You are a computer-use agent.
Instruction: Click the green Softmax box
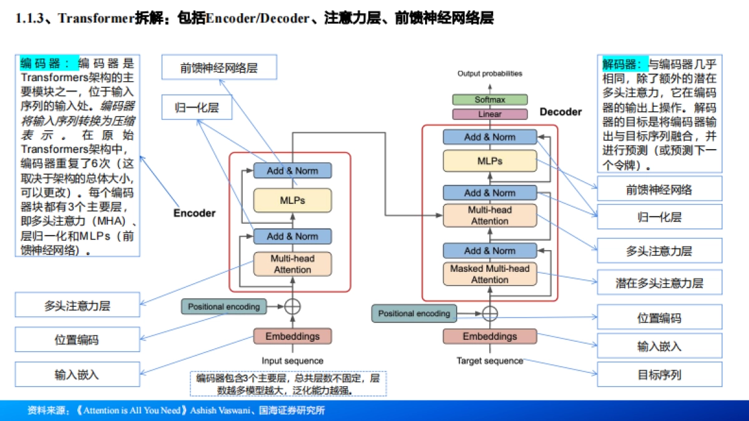[x=489, y=100]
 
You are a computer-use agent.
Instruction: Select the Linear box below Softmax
[x=489, y=115]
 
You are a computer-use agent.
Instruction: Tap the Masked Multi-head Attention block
[x=489, y=274]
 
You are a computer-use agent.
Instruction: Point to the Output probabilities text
[x=489, y=74]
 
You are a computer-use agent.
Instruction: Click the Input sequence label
[x=292, y=361]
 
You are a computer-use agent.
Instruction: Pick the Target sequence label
[x=489, y=361]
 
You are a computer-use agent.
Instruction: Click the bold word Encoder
[x=194, y=213]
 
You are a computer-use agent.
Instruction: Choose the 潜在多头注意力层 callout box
[x=659, y=283]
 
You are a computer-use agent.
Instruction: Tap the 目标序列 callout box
[x=659, y=375]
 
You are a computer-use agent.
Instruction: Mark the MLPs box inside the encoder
[x=292, y=201]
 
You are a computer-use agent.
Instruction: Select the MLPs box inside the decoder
[x=489, y=161]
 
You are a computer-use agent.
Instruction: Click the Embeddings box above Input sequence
[x=292, y=337]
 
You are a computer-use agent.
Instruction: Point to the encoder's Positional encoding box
[x=223, y=307]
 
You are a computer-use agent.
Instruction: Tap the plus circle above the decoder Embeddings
[x=490, y=313]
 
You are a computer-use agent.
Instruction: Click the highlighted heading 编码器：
[x=49, y=63]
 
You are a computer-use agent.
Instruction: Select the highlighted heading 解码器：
[x=624, y=64]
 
